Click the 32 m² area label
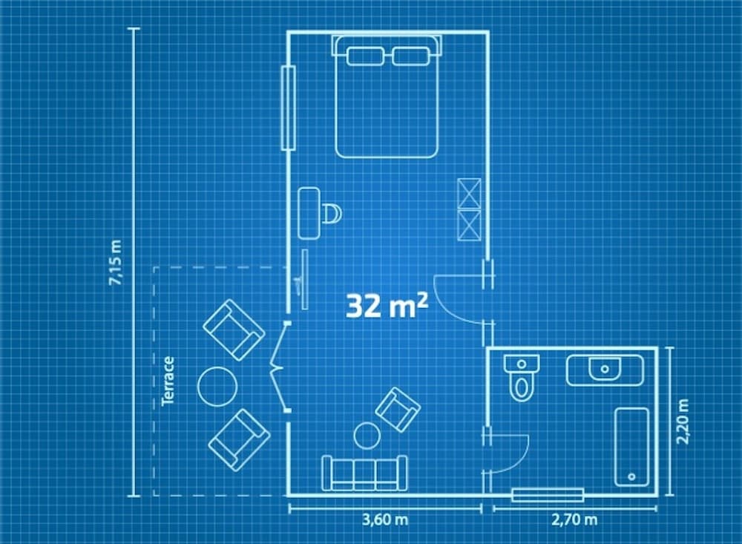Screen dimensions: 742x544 pos(387,305)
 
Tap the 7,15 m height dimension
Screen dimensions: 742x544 pos(116,262)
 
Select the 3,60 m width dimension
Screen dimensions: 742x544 pos(384,520)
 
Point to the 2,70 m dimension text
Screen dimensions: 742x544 pos(574,520)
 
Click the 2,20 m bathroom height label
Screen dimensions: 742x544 pos(683,422)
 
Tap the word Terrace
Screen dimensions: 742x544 pos(168,381)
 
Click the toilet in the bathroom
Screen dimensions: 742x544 pos(522,378)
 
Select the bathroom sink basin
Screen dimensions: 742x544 pos(605,369)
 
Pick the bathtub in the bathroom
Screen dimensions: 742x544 pos(631,447)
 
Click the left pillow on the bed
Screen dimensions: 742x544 pos(365,56)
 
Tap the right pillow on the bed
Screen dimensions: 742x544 pos(411,56)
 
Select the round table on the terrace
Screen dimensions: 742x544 pos(217,387)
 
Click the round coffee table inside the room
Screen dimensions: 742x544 pos(367,436)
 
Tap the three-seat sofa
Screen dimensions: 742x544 pos(364,473)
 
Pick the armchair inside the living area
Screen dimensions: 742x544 pos(398,410)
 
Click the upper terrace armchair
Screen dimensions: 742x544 pos(234,330)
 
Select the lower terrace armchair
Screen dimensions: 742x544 pos(239,440)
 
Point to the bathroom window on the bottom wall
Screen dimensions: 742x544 pos(548,495)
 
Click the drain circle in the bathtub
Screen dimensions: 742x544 pos(631,476)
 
